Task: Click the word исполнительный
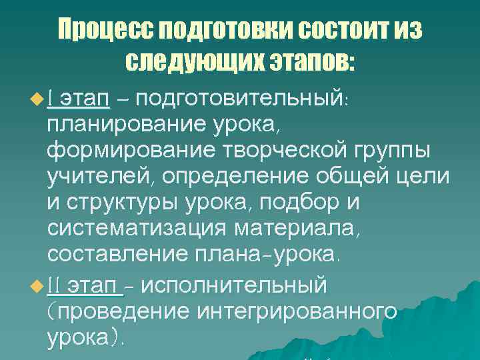(234, 286)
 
